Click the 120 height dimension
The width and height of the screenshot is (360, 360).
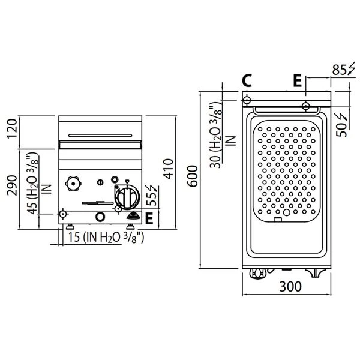(x=12, y=129)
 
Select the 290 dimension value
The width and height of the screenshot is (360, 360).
(x=12, y=185)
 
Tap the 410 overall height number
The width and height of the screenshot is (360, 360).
(x=168, y=169)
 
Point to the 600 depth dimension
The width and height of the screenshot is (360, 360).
(x=192, y=176)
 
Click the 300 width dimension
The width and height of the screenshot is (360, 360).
(x=290, y=287)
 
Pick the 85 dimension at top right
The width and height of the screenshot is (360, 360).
(x=340, y=70)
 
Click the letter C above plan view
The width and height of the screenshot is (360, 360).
(x=247, y=80)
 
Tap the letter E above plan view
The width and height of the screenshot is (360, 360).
(x=298, y=80)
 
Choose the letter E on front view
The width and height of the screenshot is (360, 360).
(x=149, y=218)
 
